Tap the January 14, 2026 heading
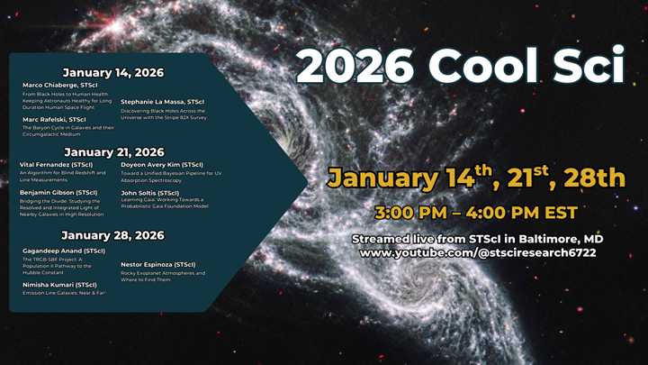113,72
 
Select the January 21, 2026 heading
113,152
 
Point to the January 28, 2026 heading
113,235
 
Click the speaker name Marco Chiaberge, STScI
60,86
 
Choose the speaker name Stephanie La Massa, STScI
163,104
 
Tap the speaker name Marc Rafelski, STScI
54,119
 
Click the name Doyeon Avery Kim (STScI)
162,165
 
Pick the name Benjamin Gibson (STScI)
58,193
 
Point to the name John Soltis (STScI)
150,193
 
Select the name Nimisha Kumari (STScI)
58,285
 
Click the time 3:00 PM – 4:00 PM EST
477,214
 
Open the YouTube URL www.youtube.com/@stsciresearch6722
477,253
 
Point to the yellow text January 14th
407,178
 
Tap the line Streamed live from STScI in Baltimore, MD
477,239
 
